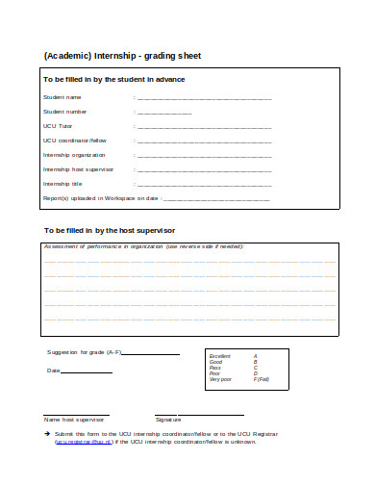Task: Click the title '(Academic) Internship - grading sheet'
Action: point(122,55)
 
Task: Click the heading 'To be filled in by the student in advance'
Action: point(114,79)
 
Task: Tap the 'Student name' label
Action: point(62,97)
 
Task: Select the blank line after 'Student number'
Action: point(164,112)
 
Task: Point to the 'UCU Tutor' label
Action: point(58,126)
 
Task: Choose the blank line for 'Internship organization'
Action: point(205,155)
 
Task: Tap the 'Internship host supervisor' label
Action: point(78,169)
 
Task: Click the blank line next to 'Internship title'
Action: point(205,184)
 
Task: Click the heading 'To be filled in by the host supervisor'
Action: point(111,231)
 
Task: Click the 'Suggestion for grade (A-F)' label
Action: point(85,353)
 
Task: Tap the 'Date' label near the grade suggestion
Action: point(53,371)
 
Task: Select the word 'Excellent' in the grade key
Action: point(220,356)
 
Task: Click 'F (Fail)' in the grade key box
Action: point(262,379)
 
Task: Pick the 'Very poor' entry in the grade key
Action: point(220,379)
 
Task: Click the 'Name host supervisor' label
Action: point(74,419)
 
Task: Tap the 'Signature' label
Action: point(168,419)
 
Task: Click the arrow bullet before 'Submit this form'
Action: point(47,434)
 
